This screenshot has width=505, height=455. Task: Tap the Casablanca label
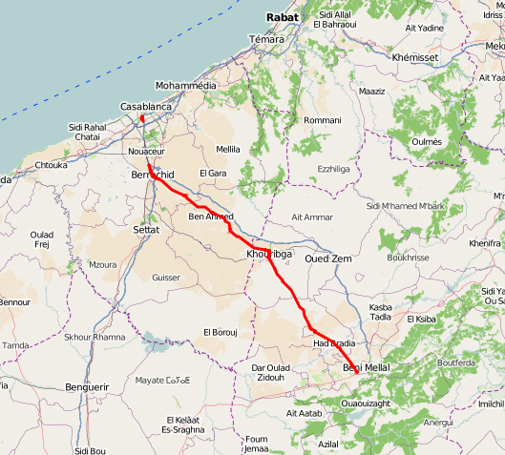click(x=147, y=107)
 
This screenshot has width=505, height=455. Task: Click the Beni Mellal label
click(x=366, y=367)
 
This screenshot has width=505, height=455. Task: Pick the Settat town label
click(x=146, y=230)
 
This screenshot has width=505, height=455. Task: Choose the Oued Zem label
click(x=328, y=259)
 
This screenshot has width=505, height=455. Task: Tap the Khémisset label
click(x=414, y=57)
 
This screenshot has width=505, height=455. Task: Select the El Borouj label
click(x=220, y=332)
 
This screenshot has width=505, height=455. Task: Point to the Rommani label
click(x=322, y=120)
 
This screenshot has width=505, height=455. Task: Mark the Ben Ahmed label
click(x=211, y=217)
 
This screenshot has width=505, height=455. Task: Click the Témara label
click(x=266, y=38)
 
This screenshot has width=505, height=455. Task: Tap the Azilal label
click(x=328, y=444)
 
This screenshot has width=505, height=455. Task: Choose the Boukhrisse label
click(x=409, y=258)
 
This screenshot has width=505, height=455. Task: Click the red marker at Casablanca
click(x=142, y=119)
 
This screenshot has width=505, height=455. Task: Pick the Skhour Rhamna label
click(x=95, y=338)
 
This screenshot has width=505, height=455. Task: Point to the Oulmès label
click(x=426, y=141)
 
